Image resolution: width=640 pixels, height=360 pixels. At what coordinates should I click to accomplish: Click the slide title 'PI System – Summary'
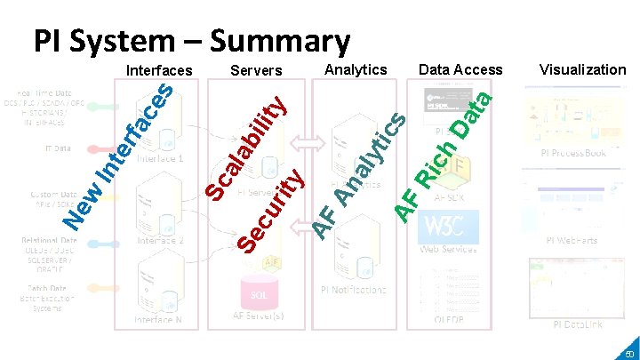(191, 40)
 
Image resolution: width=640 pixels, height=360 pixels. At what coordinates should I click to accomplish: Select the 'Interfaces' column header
(159, 70)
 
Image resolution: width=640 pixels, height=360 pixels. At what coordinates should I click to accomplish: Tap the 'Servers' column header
(256, 70)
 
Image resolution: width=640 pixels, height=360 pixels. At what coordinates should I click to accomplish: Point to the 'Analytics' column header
(356, 69)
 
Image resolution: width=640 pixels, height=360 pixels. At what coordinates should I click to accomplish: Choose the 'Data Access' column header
(460, 69)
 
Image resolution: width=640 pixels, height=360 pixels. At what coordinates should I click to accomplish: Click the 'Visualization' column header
(582, 69)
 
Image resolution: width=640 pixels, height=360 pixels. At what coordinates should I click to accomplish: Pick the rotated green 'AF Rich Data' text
(444, 151)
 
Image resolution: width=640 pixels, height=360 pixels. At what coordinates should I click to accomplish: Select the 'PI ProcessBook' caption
(573, 153)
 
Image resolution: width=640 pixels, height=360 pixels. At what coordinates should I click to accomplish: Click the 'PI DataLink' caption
(577, 324)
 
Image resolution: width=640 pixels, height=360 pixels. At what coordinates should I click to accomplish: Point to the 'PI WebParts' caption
(572, 241)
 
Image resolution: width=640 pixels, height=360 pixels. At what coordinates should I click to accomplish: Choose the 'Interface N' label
(159, 319)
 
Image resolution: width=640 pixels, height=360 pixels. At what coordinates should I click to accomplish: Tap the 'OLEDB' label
(448, 321)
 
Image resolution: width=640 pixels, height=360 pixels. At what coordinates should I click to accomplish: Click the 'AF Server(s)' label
(259, 315)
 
